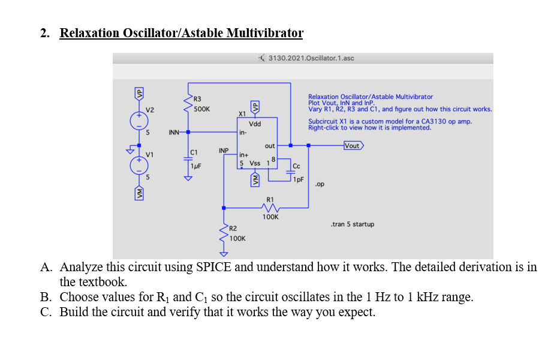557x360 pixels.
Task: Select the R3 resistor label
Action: pos(197,98)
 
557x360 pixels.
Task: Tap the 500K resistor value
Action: pos(201,109)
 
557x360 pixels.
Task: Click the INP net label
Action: pos(224,150)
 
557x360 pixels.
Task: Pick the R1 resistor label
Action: pos(270,199)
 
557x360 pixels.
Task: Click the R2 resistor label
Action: pos(233,228)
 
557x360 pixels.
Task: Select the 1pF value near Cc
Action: pos(298,178)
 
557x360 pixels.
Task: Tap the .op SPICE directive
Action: pos(320,184)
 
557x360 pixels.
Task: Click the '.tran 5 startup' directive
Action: pos(352,224)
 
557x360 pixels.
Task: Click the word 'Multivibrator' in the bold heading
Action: pos(264,32)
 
